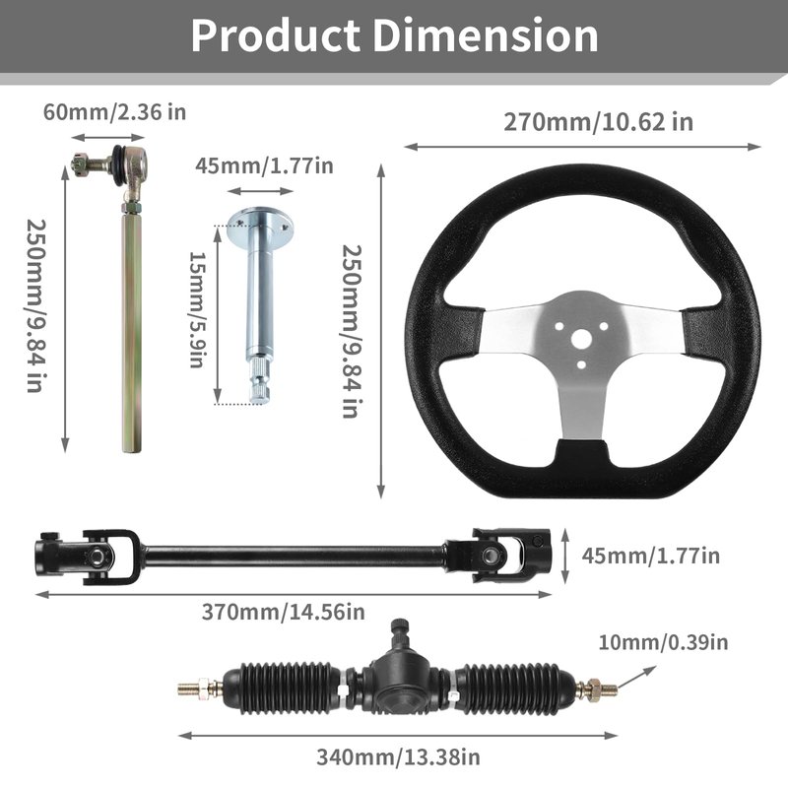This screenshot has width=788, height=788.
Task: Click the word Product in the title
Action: click(276, 35)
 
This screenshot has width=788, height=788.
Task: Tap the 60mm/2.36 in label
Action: click(114, 111)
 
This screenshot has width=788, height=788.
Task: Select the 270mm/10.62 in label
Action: click(599, 122)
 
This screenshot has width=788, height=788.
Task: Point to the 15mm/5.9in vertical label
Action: click(198, 309)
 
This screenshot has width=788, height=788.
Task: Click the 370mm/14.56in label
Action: click(284, 612)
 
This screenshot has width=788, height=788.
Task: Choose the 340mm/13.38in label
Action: click(398, 756)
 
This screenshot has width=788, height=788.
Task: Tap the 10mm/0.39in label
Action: click(663, 642)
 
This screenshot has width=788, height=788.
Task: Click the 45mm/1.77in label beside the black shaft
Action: click(651, 556)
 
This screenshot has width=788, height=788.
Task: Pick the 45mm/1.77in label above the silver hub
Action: click(264, 165)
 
